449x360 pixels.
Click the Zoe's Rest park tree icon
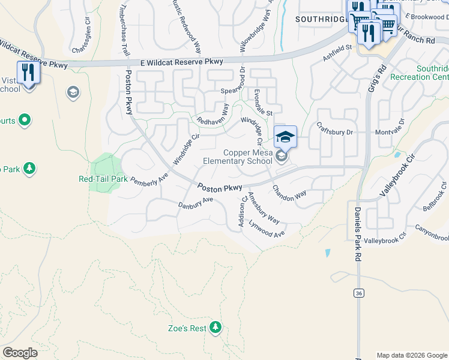click(215, 328)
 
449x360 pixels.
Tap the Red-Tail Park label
click(103, 179)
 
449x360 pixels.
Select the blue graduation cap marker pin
click(286, 137)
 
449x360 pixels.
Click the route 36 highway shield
click(358, 293)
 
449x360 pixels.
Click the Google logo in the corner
click(20, 353)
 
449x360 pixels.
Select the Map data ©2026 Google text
click(411, 355)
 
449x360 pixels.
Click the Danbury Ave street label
click(196, 202)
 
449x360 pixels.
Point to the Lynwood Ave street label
click(268, 231)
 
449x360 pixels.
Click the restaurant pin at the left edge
click(28, 73)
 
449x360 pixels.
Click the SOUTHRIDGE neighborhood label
click(321, 19)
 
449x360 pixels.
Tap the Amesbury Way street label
click(264, 207)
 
